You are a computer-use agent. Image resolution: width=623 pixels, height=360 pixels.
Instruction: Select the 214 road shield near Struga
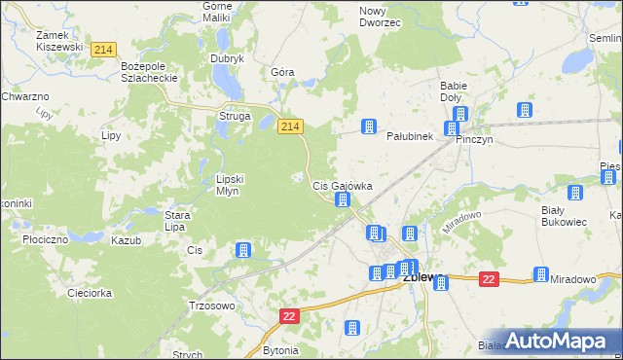[290, 126]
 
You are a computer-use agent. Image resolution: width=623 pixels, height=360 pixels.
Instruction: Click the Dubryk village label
[227, 58]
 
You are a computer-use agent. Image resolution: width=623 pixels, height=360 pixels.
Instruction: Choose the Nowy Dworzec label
[380, 17]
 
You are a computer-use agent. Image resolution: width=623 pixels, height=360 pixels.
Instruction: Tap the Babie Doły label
[454, 91]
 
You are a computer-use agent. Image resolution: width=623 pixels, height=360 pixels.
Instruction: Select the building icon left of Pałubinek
[369, 126]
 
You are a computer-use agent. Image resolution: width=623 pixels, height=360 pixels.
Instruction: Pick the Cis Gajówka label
[342, 185]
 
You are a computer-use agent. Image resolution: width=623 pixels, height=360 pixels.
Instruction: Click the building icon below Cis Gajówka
[343, 200]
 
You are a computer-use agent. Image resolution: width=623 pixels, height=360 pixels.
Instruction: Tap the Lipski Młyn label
[235, 185]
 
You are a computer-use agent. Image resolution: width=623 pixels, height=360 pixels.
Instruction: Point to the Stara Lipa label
[175, 221]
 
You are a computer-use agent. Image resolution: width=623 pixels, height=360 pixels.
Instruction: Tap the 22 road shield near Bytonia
[289, 317]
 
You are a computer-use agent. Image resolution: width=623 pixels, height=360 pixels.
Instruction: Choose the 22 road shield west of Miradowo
[489, 280]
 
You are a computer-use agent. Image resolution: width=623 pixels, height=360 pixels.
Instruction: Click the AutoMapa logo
[558, 340]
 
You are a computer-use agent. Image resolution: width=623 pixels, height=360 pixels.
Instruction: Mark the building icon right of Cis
[243, 250]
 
